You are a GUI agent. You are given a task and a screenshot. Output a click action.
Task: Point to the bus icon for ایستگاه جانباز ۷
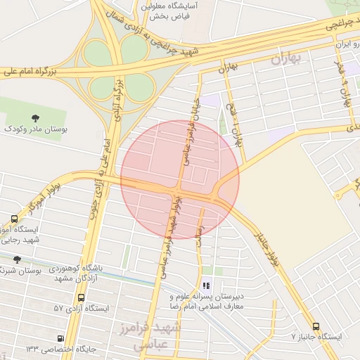point(315,326)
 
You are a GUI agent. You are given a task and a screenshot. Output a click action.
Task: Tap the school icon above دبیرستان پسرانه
point(206,285)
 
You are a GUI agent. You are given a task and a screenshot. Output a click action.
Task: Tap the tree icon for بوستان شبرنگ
point(18,259)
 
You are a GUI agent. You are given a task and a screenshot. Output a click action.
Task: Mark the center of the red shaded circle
point(180,180)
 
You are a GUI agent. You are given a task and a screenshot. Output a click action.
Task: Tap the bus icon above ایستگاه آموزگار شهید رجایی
point(15,219)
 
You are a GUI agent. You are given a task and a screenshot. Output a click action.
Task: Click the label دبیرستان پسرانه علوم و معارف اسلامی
point(206,302)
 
